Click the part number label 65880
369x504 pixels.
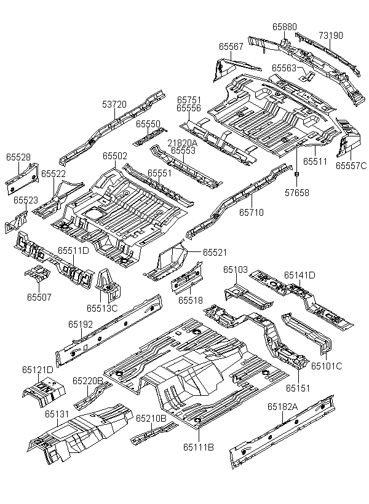(284, 26)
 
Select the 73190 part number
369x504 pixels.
(331, 36)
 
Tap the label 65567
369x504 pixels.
(231, 47)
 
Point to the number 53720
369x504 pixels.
(114, 104)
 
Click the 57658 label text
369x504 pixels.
(296, 193)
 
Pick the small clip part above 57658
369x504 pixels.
(296, 174)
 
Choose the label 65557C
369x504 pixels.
(351, 166)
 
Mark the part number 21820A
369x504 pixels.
(183, 143)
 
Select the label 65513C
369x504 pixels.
(102, 309)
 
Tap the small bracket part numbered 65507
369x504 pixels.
(38, 274)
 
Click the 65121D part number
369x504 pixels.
(38, 370)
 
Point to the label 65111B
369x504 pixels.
(199, 447)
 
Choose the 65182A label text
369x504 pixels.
(283, 407)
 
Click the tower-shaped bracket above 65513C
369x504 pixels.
(108, 285)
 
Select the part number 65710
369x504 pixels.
(252, 213)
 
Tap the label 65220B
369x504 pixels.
(87, 381)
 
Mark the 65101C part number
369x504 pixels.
(327, 366)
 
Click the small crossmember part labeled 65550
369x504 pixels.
(150, 136)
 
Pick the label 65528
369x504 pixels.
(18, 157)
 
